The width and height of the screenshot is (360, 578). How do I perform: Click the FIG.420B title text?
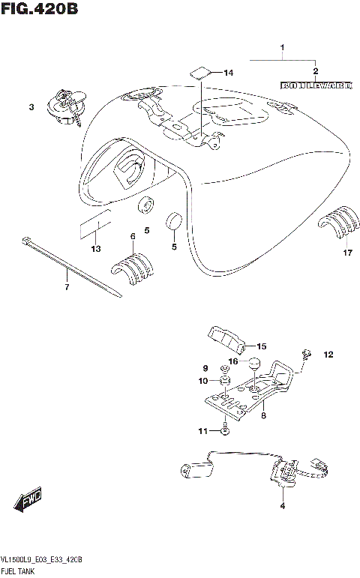39,10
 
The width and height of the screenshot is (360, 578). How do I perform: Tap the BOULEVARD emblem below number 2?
316,85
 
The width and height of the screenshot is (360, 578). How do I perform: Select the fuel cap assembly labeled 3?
65,107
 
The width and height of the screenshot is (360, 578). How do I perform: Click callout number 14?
229,73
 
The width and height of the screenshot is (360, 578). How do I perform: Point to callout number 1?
283,51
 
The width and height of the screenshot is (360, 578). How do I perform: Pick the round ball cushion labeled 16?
254,365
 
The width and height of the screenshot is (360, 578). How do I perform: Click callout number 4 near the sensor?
283,507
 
